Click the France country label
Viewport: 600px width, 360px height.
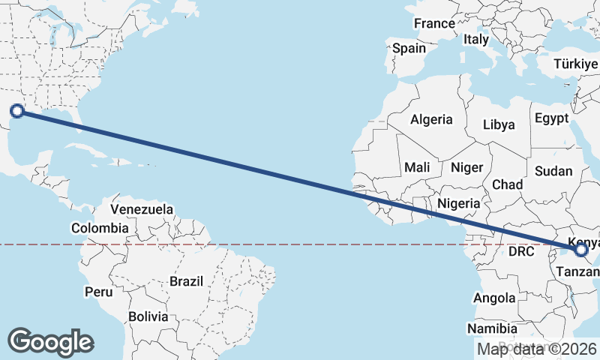[x=434, y=23]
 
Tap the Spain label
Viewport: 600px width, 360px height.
[x=409, y=48]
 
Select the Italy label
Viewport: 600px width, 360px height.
[x=476, y=39]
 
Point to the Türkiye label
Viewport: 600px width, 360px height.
[x=575, y=64]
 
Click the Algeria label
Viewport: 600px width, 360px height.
[x=431, y=119]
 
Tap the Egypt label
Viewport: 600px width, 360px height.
[x=551, y=118]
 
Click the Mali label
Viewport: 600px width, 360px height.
[x=416, y=167]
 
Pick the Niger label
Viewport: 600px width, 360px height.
[x=466, y=167]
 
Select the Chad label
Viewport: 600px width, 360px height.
[x=507, y=184]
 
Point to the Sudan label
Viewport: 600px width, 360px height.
[x=553, y=171]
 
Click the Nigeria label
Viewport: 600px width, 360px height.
[x=457, y=203]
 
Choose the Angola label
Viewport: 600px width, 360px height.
[x=494, y=298]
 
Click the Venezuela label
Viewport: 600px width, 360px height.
[x=142, y=209]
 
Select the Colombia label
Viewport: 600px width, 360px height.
[x=100, y=228]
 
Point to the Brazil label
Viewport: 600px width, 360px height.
[x=186, y=281]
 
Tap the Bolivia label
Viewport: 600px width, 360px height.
[x=148, y=316]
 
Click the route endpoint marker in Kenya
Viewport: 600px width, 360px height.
[x=581, y=250]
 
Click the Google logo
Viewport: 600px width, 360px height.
[x=50, y=342]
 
